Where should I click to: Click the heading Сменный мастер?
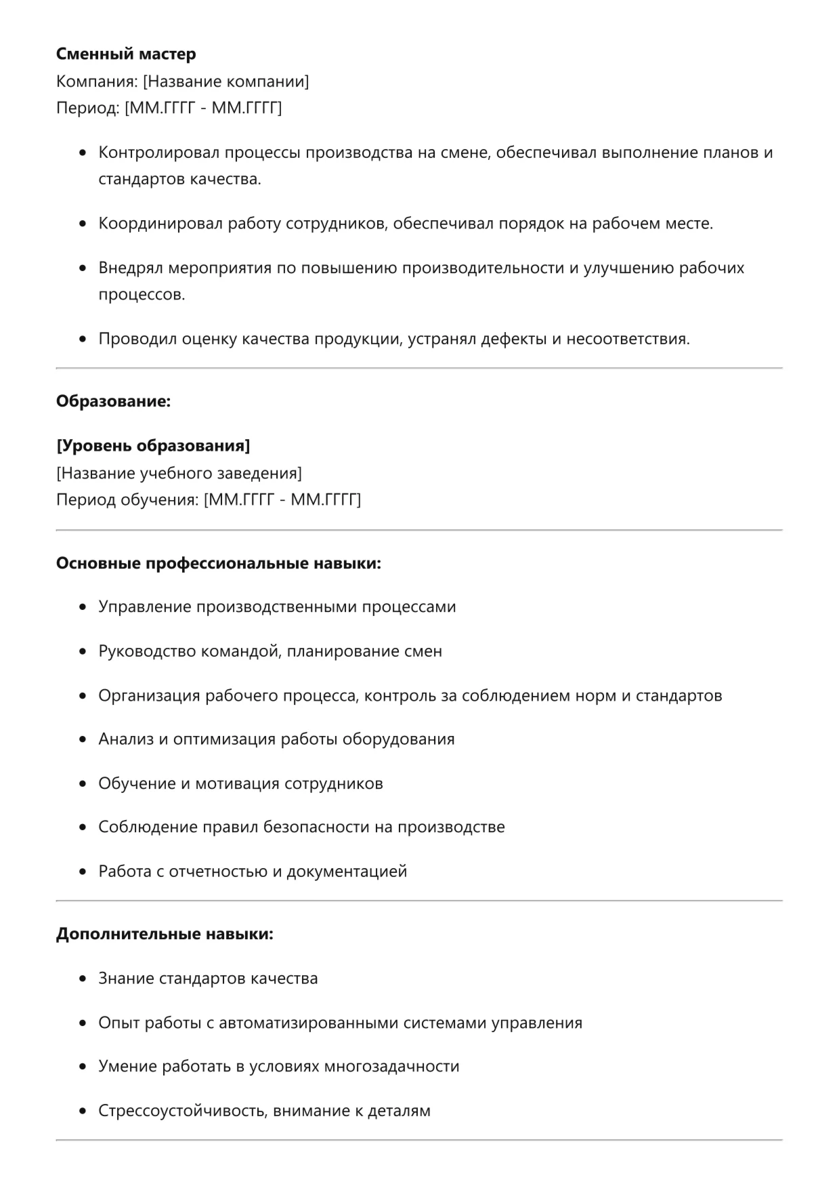126,54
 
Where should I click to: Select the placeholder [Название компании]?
225,82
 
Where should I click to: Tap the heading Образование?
113,401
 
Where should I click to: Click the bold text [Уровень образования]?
153,446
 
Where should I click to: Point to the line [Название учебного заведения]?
179,473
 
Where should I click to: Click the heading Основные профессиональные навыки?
218,563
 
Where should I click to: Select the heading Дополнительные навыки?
165,934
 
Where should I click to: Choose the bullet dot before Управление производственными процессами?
83,607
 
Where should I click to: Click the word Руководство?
148,651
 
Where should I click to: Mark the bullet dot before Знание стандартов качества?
83,979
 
